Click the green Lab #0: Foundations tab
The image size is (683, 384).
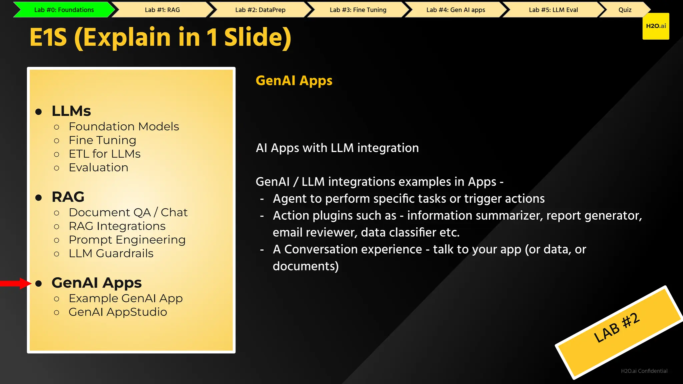[x=64, y=10]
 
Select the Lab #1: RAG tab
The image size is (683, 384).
[x=162, y=10]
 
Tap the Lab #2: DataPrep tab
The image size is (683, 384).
[x=260, y=10]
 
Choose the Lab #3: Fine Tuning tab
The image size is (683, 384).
[x=358, y=10]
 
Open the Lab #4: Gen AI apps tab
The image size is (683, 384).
[x=456, y=10]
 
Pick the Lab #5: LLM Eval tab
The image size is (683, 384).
[x=553, y=10]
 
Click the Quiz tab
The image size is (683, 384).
[x=625, y=10]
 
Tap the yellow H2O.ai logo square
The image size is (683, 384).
[x=656, y=26]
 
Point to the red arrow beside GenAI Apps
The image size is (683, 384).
[x=15, y=283]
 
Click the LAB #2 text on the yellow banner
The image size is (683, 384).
[x=617, y=328]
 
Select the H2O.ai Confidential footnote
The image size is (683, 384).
[x=644, y=371]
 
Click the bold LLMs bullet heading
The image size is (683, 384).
[x=71, y=111]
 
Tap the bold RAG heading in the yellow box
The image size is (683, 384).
[x=68, y=197]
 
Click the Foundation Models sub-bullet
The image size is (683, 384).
[x=124, y=127]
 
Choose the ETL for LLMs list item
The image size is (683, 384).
[x=104, y=154]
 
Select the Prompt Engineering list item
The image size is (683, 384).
[x=127, y=240]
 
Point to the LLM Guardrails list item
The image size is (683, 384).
[x=111, y=254]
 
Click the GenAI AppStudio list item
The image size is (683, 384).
[x=118, y=312]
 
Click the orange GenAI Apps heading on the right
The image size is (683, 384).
[x=294, y=81]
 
